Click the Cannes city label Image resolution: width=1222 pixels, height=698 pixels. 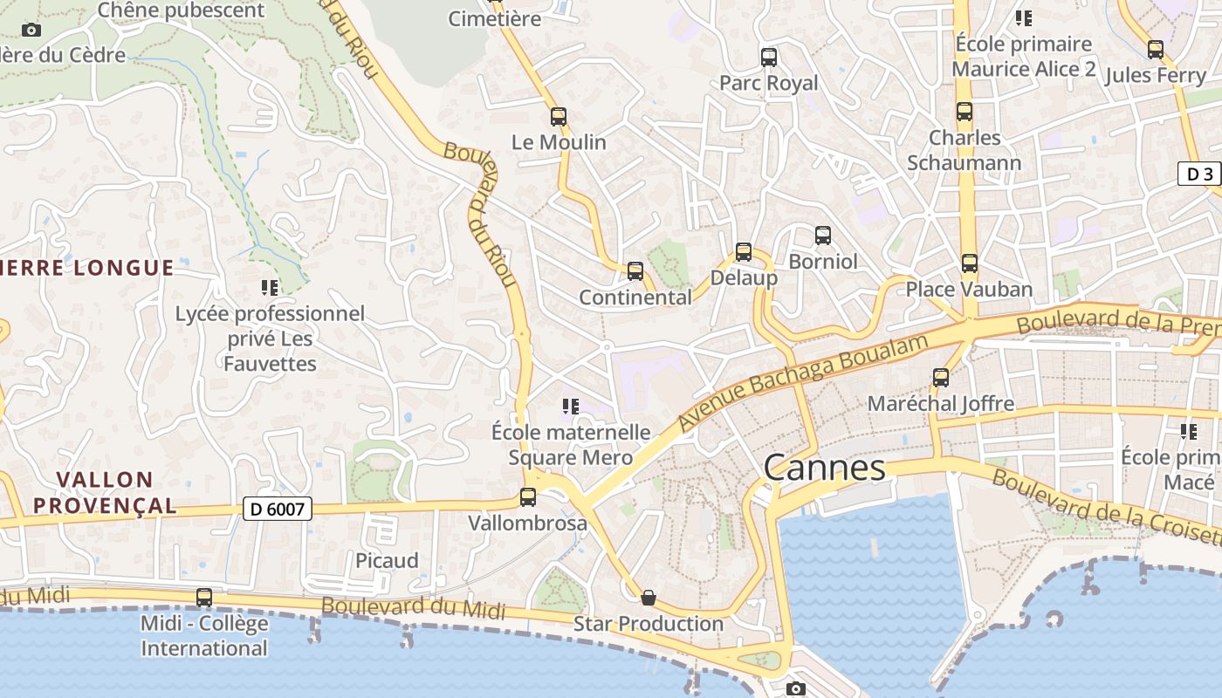[x=825, y=469]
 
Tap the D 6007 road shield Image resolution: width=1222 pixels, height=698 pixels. [x=277, y=509]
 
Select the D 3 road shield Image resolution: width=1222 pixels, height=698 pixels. [x=1200, y=174]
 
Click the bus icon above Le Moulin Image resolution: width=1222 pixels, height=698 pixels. [x=559, y=117]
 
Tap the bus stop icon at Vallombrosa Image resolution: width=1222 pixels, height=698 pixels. [x=528, y=497]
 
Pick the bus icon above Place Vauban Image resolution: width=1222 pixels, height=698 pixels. [x=969, y=263]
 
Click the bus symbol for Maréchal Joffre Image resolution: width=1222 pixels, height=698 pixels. [x=941, y=378]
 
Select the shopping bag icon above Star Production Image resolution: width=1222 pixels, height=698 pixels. [x=649, y=598]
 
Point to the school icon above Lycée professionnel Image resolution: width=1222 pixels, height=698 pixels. [x=270, y=287]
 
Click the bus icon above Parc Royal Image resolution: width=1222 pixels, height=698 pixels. [x=769, y=58]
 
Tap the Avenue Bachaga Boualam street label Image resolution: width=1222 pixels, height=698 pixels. [x=802, y=381]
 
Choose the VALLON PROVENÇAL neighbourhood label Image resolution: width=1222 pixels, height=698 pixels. [x=117, y=492]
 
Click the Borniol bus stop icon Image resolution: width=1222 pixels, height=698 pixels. [x=823, y=236]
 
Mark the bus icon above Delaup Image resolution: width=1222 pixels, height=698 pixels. [x=744, y=252]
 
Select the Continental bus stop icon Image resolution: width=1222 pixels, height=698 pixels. [x=635, y=271]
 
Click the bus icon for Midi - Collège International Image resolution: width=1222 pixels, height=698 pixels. [x=204, y=598]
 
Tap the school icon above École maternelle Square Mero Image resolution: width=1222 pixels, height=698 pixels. [x=571, y=406]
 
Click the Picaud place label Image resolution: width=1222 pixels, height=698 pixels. [x=387, y=560]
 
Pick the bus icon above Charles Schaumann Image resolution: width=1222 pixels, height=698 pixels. [x=965, y=112]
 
